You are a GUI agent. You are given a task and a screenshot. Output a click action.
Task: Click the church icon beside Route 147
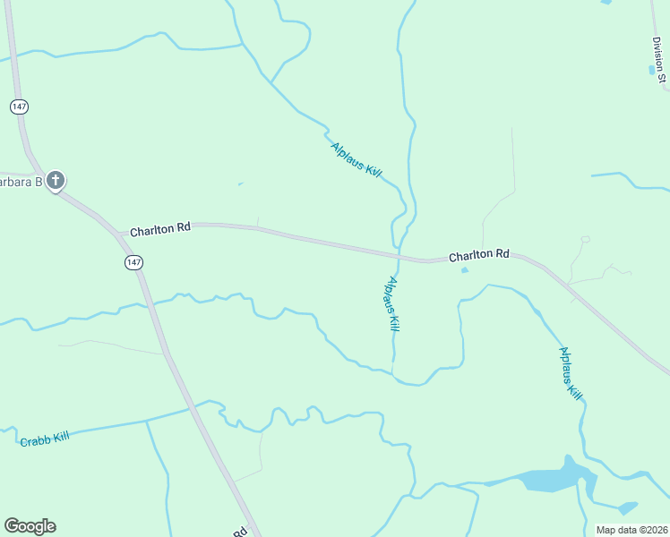click(x=56, y=181)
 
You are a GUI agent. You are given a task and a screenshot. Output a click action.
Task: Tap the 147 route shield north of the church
click(x=20, y=107)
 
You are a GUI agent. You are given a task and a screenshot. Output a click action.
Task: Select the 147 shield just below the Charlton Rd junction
click(x=133, y=262)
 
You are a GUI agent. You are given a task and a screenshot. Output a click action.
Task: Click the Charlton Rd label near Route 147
click(x=160, y=230)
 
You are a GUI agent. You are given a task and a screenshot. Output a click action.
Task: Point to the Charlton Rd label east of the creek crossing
click(x=478, y=255)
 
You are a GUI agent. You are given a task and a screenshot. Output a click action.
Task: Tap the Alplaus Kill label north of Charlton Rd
click(x=356, y=161)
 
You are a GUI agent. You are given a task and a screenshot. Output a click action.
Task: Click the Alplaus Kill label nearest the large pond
click(x=571, y=377)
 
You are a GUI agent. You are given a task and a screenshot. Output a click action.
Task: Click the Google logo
click(x=30, y=526)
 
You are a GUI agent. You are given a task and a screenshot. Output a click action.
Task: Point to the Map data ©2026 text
click(x=631, y=530)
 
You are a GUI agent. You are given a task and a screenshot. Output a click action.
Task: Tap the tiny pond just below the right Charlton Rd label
click(x=464, y=269)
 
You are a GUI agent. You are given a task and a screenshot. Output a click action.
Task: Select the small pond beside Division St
click(x=651, y=69)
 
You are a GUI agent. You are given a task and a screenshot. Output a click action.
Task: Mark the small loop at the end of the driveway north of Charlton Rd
click(x=585, y=239)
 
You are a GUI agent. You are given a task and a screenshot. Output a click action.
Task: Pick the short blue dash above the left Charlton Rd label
click(x=239, y=184)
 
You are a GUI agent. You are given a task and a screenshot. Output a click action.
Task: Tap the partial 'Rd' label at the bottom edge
click(x=240, y=532)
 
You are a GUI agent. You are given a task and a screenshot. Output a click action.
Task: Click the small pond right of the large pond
click(x=627, y=507)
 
